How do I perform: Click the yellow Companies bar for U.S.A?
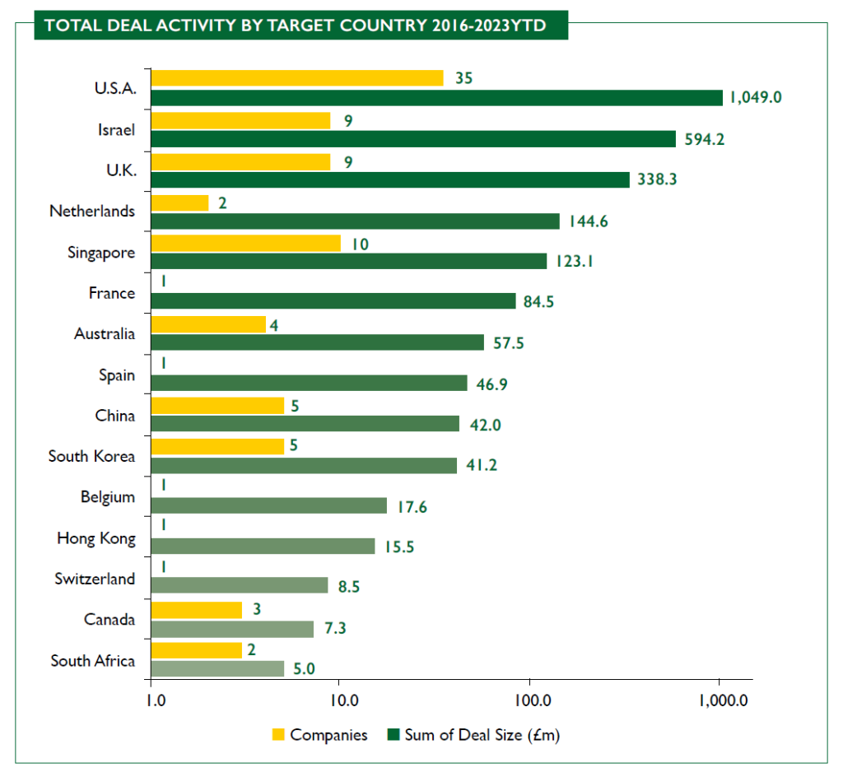[297, 78]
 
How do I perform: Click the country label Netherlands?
[92, 211]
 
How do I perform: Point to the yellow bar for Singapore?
[246, 243]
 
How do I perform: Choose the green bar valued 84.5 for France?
[333, 301]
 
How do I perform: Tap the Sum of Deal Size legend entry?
[473, 735]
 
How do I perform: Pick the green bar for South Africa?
[218, 669]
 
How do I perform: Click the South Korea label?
[91, 456]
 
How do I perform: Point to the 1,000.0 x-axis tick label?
[722, 701]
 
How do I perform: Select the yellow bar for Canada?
[197, 610]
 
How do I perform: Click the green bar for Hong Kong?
[263, 547]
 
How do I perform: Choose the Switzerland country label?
[95, 579]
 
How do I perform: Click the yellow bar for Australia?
[209, 324]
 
